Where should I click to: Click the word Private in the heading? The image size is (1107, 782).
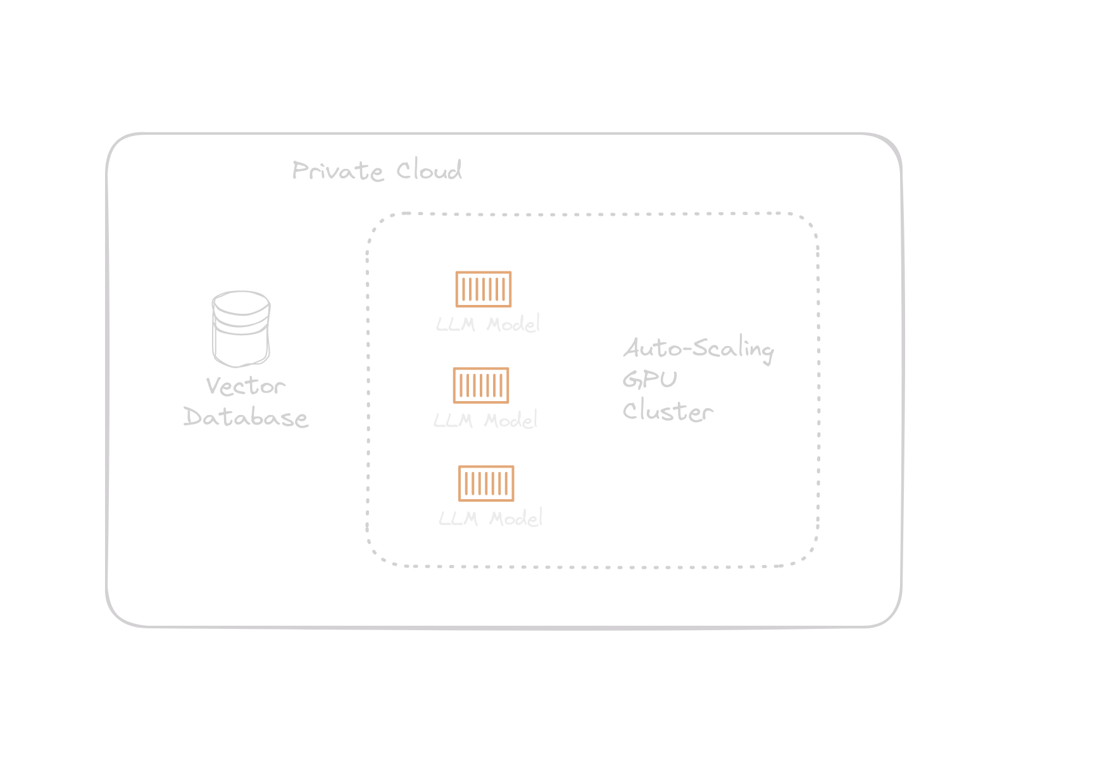[x=337, y=171]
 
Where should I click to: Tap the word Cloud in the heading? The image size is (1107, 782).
[x=429, y=170]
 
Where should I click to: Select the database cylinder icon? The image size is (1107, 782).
[x=241, y=329]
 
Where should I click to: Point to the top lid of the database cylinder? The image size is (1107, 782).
[x=241, y=302]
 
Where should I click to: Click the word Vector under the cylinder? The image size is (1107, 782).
[x=246, y=386]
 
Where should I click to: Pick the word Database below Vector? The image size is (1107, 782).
[x=246, y=418]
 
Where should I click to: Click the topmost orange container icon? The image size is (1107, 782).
[x=484, y=289]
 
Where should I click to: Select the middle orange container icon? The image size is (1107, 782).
[x=481, y=385]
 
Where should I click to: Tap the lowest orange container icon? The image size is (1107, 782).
[x=486, y=483]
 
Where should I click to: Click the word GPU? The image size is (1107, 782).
[x=650, y=380]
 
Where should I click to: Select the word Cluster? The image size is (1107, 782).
[x=668, y=411]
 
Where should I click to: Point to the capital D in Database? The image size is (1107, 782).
[x=192, y=417]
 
